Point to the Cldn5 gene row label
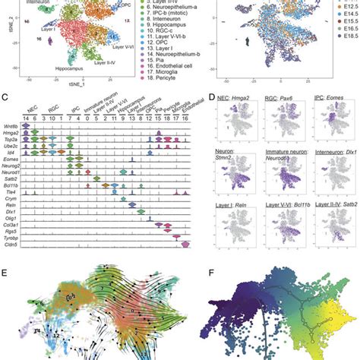coord(11,245)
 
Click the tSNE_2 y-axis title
coord(3,30)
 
